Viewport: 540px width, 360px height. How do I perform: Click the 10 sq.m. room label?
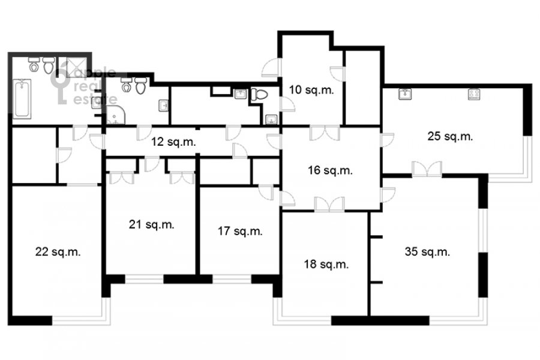311,90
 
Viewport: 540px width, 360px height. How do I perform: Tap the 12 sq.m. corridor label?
173,142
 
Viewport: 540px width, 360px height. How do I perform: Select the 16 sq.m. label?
330,170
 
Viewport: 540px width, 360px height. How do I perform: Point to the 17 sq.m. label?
239,231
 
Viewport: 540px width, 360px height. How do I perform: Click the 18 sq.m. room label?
326,264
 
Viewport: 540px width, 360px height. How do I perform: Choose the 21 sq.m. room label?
152,224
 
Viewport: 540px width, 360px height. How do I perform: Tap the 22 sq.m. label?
58,252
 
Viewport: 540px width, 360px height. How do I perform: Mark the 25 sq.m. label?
450,136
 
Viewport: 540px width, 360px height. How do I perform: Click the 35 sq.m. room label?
427,251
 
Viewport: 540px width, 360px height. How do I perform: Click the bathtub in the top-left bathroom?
22,98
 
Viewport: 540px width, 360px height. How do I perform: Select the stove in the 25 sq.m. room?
474,94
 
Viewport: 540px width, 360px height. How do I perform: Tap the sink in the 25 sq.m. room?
406,94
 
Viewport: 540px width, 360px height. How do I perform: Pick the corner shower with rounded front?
115,115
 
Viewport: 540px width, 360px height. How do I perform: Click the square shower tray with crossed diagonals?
76,68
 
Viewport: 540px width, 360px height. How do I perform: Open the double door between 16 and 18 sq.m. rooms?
329,204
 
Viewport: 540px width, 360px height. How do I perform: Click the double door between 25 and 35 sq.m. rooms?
427,169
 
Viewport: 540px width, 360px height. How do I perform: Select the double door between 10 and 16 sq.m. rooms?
325,133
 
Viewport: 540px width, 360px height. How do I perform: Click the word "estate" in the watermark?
95,99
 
